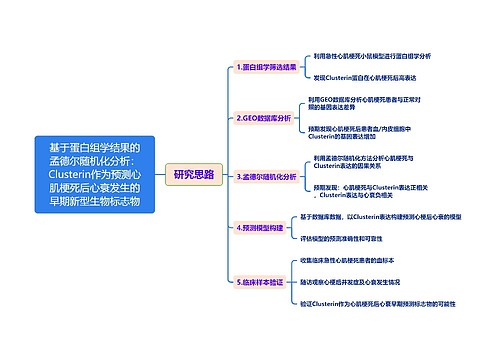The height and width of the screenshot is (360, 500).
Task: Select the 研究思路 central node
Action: tap(193, 173)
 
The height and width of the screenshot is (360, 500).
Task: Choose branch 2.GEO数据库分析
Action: tap(265, 118)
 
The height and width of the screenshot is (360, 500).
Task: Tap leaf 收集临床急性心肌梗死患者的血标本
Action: tap(355, 260)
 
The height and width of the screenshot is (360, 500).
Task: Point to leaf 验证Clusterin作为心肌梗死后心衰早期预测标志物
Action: tap(392, 303)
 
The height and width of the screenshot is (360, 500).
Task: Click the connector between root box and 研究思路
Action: tap(160, 173)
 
